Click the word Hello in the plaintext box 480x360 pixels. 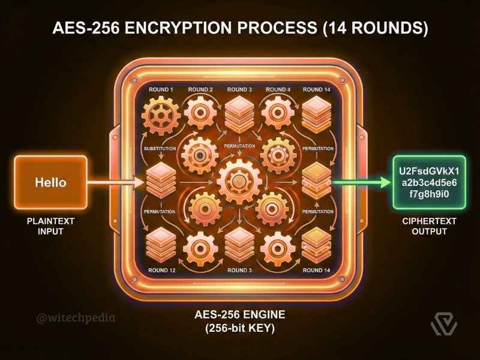tap(50, 181)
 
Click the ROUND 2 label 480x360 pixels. tap(200, 90)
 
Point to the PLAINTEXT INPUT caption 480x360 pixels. tap(50, 226)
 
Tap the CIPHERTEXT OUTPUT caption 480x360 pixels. tap(429, 226)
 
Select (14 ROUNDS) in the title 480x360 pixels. tap(377, 29)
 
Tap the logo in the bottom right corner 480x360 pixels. tap(443, 324)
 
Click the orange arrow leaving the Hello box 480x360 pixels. tap(117, 181)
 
